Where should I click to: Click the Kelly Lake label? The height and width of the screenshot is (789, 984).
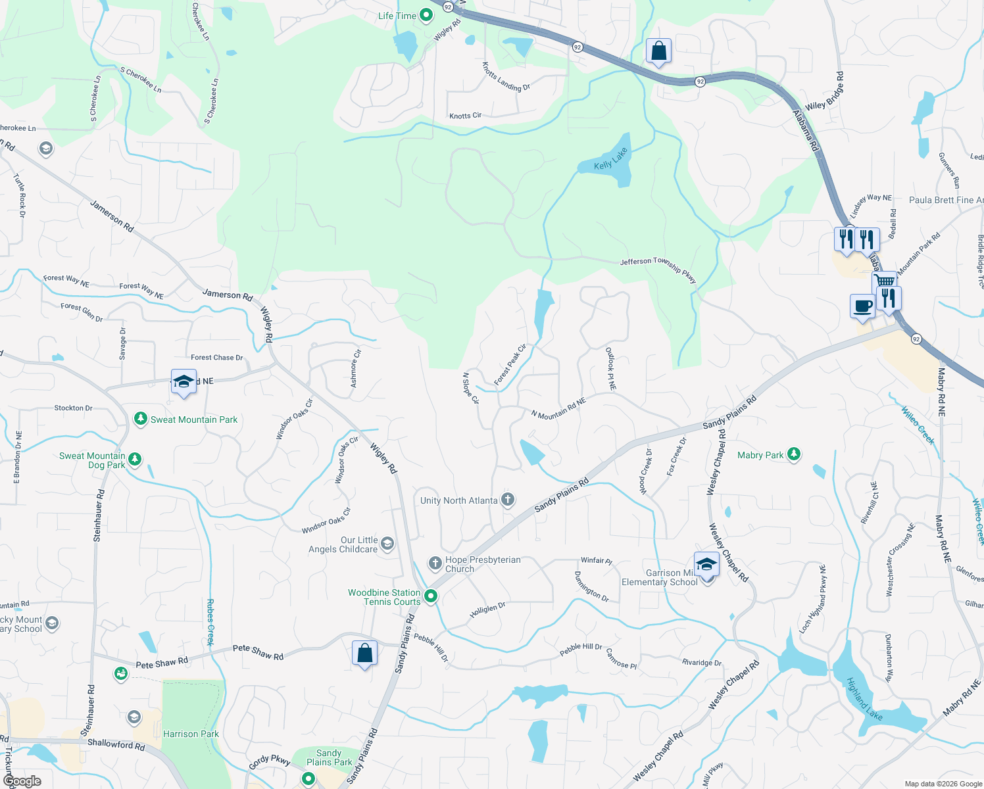[611, 159]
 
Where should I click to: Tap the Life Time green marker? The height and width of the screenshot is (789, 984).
[426, 15]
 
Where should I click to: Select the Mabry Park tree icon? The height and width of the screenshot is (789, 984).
[794, 454]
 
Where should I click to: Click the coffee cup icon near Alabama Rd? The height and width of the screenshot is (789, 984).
[862, 306]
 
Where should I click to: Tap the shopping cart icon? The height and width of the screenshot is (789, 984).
[885, 281]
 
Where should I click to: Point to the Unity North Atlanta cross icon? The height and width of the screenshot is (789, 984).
[508, 500]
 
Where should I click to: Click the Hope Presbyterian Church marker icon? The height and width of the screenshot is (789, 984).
[435, 563]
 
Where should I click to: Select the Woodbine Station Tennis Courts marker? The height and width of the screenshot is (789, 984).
[431, 596]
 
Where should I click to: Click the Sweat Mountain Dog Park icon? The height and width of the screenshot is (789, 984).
[135, 460]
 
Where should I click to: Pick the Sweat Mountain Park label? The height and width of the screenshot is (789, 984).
[194, 419]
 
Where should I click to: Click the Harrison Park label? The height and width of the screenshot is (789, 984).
[191, 734]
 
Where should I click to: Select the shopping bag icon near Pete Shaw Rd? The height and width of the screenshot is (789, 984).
[364, 654]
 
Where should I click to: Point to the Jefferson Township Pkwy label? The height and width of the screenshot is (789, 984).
[658, 268]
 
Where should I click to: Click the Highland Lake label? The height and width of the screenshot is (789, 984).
[864, 699]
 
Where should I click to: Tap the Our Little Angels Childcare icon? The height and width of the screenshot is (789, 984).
[387, 543]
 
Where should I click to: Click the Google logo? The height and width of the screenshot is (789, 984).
[22, 780]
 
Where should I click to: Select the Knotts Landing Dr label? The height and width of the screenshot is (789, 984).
[506, 78]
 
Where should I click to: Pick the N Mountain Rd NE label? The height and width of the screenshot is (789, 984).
[558, 409]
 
